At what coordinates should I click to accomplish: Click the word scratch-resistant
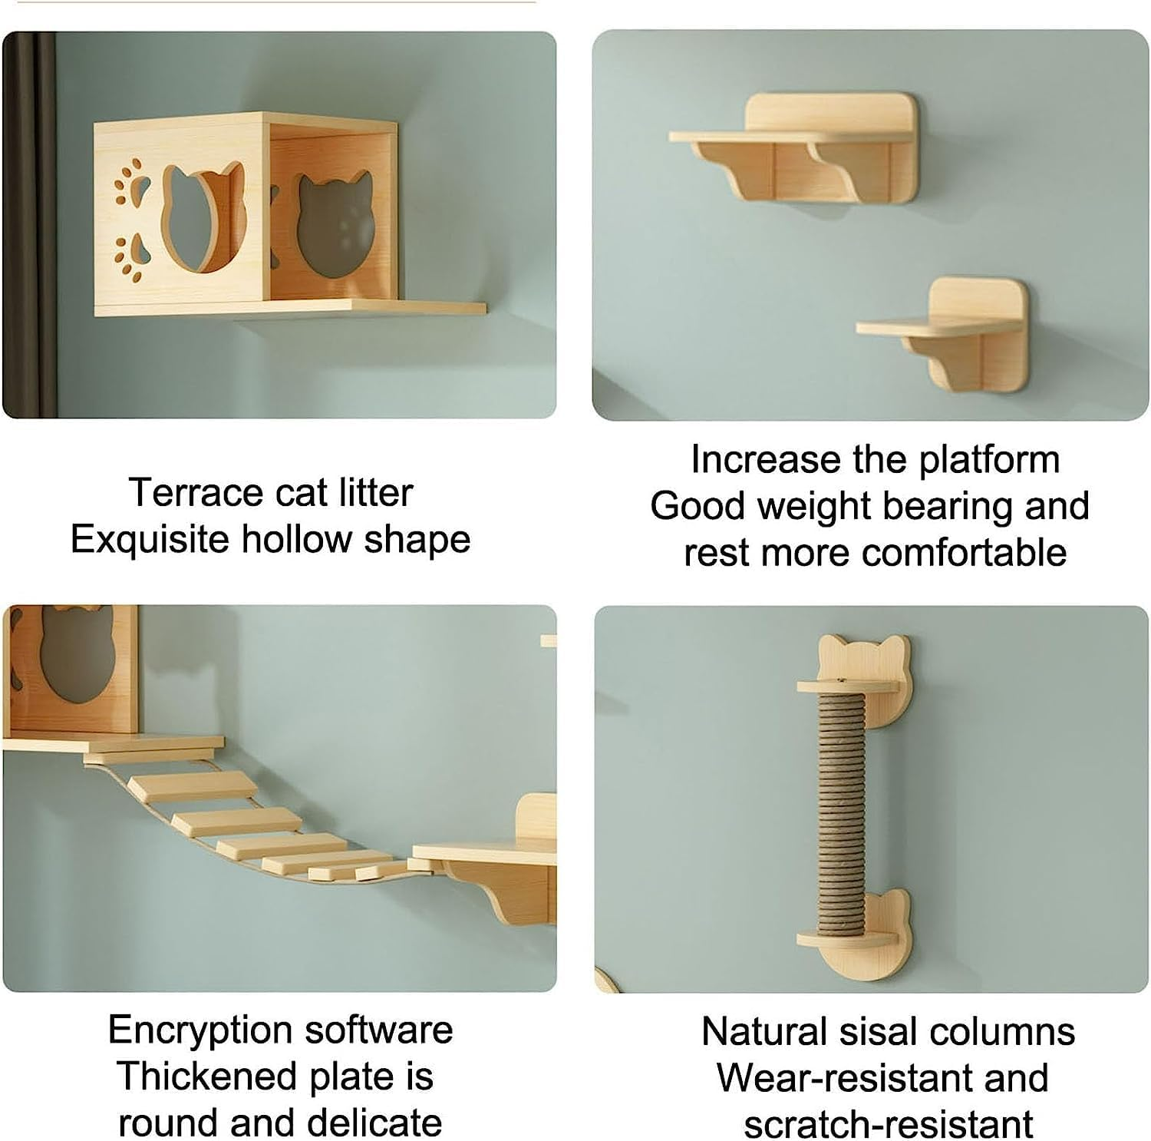point(888,1124)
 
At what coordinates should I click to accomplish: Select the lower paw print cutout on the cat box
point(130,254)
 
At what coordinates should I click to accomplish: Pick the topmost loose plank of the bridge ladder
point(192,786)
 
